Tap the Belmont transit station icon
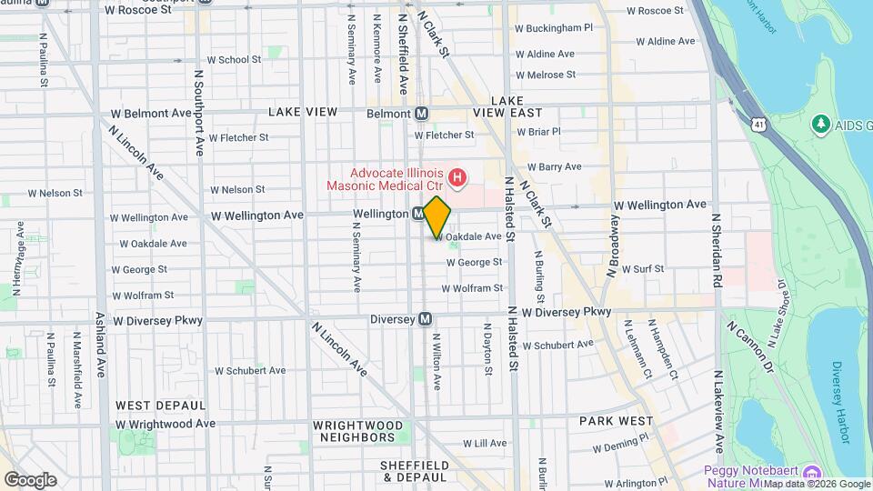pos(422,114)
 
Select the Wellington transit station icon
pos(417,214)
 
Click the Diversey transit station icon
pos(425,319)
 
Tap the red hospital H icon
pos(458,176)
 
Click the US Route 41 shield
pos(758,122)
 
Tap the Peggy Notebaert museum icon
pos(812,472)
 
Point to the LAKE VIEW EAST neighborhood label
pos(507,106)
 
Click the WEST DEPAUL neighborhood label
pos(159,405)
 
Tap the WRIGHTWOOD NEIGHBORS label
pos(357,431)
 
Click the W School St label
pos(234,60)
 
